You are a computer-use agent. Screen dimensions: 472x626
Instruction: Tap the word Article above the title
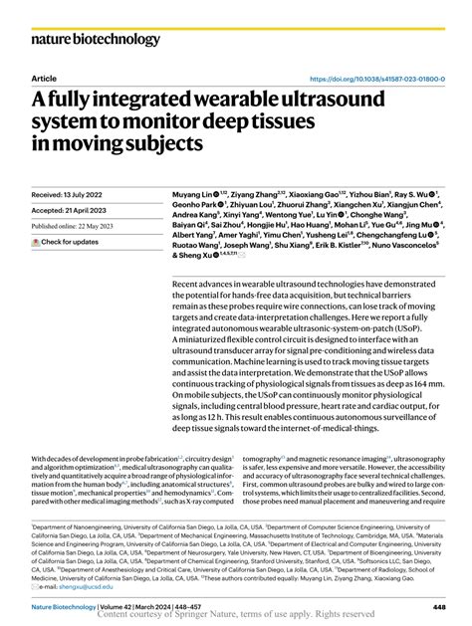point(44,78)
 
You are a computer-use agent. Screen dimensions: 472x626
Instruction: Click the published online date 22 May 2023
point(105,227)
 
